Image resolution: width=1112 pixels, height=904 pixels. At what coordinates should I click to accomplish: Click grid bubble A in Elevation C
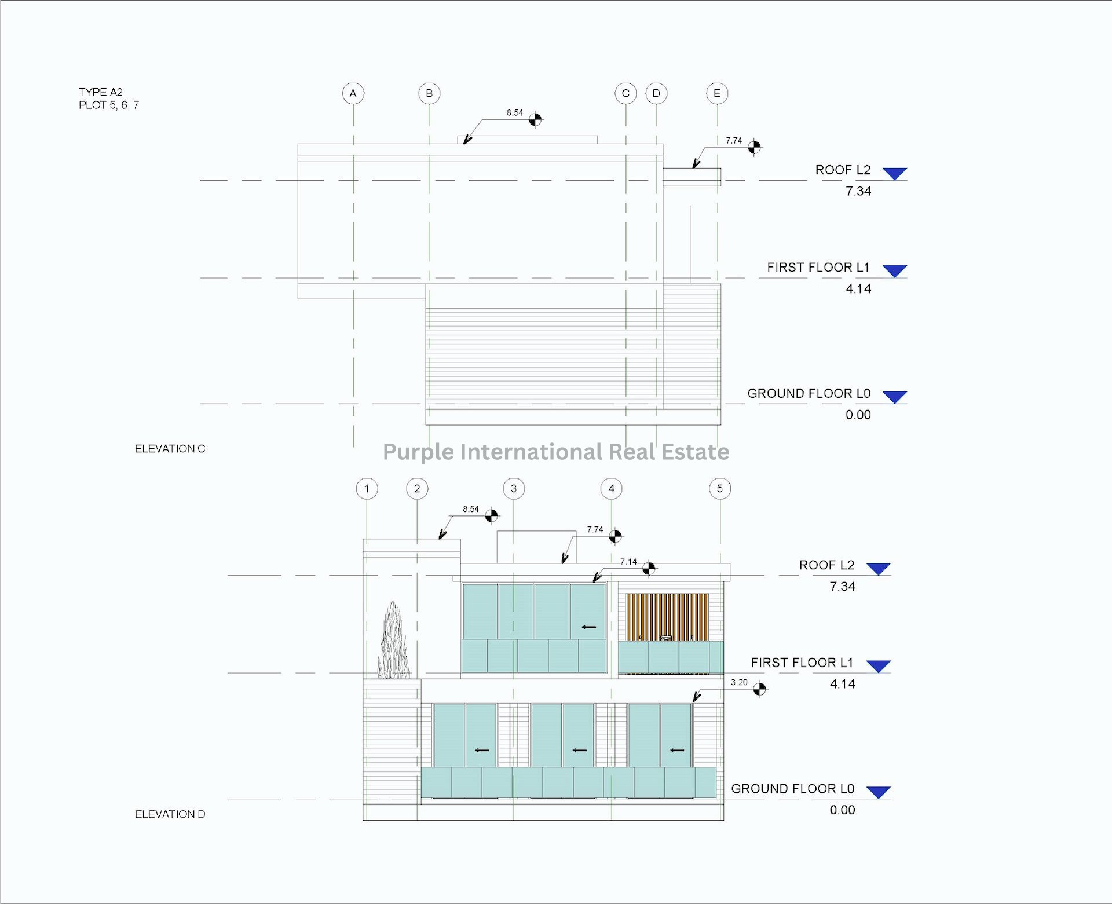click(353, 93)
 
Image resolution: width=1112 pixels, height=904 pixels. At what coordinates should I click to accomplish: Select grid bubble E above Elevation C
click(717, 93)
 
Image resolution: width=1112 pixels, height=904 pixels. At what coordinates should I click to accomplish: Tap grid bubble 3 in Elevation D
click(514, 489)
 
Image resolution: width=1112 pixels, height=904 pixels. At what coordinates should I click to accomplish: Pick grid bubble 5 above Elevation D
click(720, 489)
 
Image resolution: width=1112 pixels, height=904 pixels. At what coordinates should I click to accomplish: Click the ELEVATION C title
click(170, 449)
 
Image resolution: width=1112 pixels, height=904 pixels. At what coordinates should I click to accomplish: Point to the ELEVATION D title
click(170, 814)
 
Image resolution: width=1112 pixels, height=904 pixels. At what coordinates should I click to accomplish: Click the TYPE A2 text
click(101, 92)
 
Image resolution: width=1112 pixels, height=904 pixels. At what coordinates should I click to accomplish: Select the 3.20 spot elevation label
click(739, 682)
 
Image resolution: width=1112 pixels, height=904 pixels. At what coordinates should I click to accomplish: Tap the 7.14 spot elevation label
click(628, 562)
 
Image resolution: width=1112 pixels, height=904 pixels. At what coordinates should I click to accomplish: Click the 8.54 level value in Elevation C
click(515, 113)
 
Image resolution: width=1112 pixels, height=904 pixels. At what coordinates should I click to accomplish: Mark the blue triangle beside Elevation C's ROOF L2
click(895, 173)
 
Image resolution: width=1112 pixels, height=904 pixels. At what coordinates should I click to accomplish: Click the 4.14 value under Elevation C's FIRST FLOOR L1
click(858, 289)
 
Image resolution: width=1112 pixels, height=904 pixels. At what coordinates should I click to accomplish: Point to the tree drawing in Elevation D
click(394, 643)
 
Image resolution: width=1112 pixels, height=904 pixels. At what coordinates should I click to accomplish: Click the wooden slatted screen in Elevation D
click(667, 616)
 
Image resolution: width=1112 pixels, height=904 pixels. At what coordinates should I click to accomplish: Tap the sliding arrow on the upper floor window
click(589, 627)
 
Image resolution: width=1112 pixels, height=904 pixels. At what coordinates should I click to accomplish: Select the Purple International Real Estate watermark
click(556, 452)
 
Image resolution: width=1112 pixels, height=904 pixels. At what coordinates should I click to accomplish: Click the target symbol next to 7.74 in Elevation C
click(754, 148)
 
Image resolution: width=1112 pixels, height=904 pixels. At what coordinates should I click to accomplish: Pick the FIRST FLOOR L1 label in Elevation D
click(802, 663)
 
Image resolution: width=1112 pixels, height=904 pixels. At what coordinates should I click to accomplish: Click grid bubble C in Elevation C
click(625, 93)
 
